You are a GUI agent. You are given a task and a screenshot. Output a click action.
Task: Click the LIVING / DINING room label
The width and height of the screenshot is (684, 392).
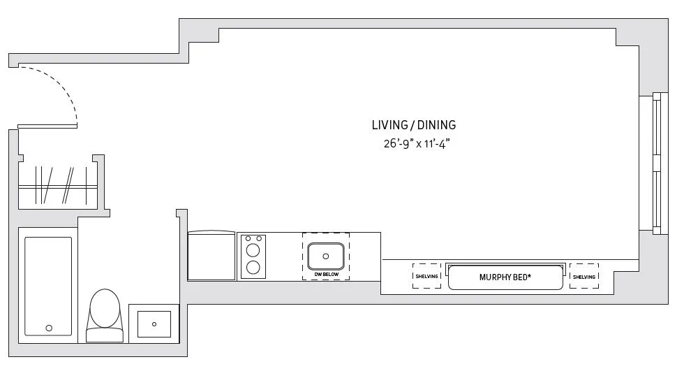pyautogui.click(x=414, y=125)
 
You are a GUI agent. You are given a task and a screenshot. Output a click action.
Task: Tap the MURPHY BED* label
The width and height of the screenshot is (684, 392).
pyautogui.click(x=505, y=277)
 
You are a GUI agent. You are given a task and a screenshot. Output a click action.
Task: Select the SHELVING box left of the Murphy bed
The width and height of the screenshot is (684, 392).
pyautogui.click(x=426, y=276)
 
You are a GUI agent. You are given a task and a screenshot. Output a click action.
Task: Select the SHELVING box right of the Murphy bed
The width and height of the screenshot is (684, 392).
pyautogui.click(x=584, y=276)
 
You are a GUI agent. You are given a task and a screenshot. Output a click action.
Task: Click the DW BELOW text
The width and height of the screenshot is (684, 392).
pyautogui.click(x=326, y=275)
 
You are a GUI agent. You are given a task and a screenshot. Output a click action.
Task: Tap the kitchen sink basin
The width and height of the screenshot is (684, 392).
pyautogui.click(x=326, y=256)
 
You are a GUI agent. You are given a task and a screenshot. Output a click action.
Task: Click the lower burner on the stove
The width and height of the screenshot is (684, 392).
pyautogui.click(x=253, y=266)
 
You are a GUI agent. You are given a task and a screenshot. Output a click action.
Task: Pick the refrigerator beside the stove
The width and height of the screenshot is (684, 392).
pyautogui.click(x=211, y=256)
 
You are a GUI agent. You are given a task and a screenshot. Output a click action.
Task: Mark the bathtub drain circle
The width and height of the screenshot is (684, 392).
pyautogui.click(x=49, y=327)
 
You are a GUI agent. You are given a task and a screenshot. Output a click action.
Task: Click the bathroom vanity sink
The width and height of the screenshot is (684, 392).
pyautogui.click(x=154, y=324)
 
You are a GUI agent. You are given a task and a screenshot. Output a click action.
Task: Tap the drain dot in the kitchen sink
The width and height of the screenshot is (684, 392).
pyautogui.click(x=326, y=256)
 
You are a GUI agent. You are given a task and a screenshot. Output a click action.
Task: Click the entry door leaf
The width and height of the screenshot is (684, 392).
pyautogui.click(x=47, y=126)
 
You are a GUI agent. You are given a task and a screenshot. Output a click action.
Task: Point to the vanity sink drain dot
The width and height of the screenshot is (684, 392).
pyautogui.click(x=154, y=324)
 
